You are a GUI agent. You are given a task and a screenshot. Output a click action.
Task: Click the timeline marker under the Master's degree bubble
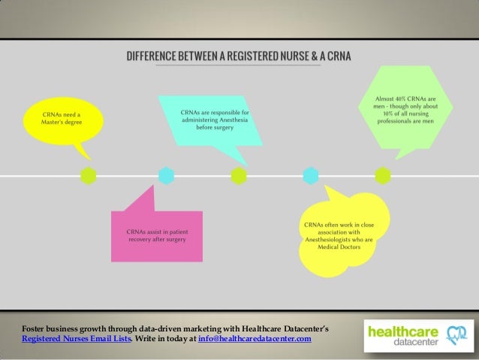89,176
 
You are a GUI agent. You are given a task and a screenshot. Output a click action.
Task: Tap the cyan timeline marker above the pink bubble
166,176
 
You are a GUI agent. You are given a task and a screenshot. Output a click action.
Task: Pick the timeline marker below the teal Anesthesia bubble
239,176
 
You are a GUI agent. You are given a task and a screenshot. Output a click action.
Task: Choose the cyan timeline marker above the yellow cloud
310,176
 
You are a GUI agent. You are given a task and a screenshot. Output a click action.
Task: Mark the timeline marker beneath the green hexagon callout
382,176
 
